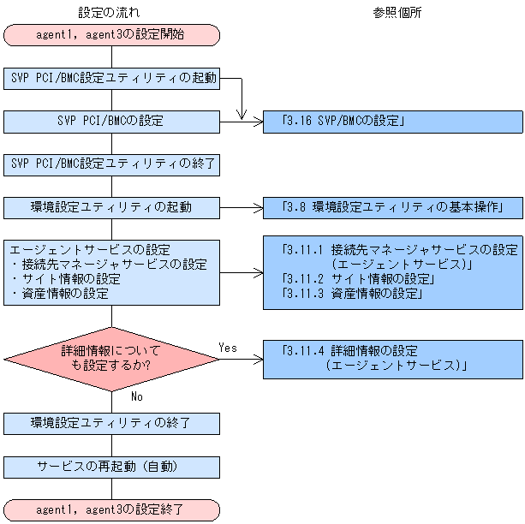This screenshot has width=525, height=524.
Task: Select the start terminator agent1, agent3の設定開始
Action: pos(111,35)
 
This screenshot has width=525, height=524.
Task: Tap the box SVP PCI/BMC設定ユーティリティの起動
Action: pos(111,79)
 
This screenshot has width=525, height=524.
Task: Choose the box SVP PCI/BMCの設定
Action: pos(111,122)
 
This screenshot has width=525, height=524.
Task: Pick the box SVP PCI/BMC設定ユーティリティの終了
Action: pos(111,164)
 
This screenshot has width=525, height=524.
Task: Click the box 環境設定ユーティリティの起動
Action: pos(111,207)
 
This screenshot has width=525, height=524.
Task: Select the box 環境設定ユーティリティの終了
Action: pos(111,423)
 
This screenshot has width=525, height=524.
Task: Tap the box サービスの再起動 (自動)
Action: pos(111,467)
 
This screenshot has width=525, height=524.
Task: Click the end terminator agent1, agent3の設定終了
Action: pos(111,509)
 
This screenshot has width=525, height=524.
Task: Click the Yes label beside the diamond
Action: pos(228,348)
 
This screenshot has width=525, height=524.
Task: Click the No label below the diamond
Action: pos(137,396)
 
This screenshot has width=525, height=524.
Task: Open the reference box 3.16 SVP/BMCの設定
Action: pos(392,122)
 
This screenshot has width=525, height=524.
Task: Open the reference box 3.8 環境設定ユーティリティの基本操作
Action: pos(392,207)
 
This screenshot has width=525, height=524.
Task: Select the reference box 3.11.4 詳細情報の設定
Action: pos(392,359)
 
